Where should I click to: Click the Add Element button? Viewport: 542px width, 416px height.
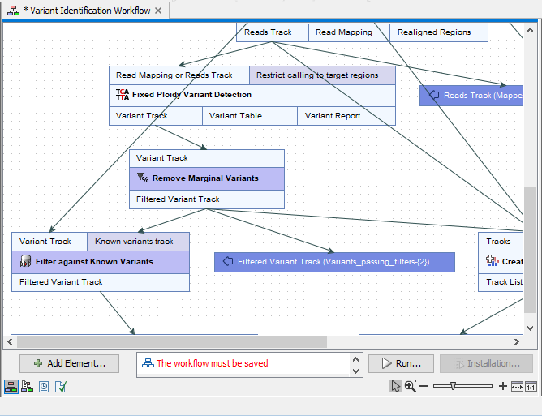69,363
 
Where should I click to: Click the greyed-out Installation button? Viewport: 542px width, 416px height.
486,363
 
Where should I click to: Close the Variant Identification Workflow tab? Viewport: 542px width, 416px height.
158,11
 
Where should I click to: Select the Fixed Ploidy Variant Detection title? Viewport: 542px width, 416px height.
191,95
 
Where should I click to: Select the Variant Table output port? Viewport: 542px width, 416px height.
236,116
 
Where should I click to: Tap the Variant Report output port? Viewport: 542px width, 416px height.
333,116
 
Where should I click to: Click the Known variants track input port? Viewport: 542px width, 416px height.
135,241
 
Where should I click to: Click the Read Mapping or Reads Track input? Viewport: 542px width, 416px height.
174,75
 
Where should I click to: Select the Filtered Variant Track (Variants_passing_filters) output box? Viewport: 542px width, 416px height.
333,262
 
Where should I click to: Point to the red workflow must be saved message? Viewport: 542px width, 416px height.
212,363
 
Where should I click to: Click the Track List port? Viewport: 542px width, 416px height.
505,282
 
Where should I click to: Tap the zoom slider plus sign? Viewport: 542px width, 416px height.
503,387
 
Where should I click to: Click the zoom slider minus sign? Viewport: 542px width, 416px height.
424,387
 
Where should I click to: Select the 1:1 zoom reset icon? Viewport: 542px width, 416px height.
531,387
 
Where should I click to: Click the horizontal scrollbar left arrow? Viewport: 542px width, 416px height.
11,341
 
